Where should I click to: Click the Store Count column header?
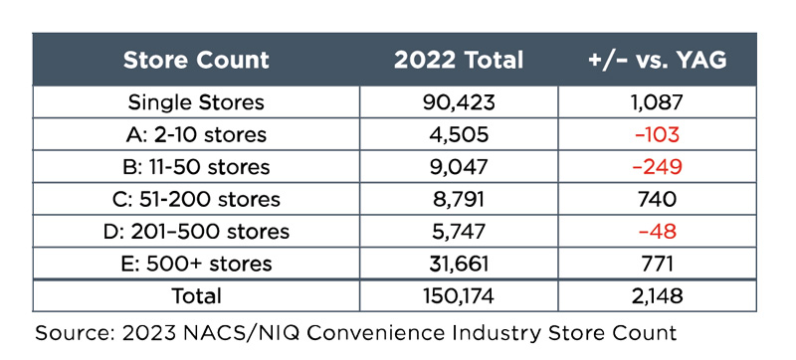coord(196,60)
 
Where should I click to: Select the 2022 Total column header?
coord(459,60)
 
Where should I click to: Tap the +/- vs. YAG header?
coord(657,60)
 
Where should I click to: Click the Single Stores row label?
coord(196,102)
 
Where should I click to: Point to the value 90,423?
coord(459,103)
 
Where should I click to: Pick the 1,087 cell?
coord(657,103)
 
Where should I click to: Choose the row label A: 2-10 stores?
coord(196,135)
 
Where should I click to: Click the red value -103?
coord(657,135)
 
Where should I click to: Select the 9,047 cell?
coord(459,167)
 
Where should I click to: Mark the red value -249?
coord(657,167)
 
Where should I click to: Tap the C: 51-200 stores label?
coord(196,199)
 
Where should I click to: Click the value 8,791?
coord(459,200)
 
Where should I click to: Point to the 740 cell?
coord(657,199)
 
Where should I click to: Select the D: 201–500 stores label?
coord(196,232)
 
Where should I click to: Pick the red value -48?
coord(657,232)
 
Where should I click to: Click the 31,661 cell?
coord(459,265)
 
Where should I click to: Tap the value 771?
coord(657,264)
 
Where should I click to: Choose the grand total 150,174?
coord(459,296)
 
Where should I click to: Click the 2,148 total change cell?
coord(657,296)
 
